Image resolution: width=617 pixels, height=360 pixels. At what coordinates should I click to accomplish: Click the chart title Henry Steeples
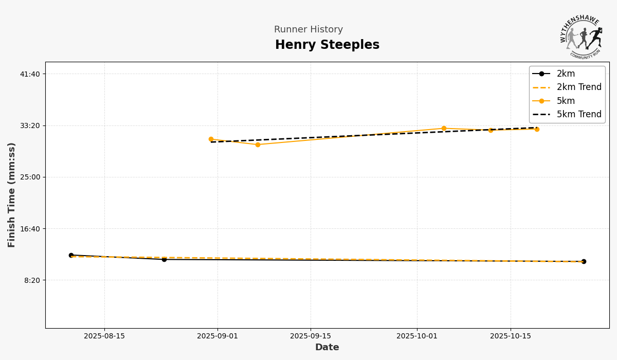coord(327,45)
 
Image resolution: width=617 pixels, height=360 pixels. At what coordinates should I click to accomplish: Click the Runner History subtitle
coord(308,30)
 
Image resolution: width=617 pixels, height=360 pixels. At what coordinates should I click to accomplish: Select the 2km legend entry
coord(566,74)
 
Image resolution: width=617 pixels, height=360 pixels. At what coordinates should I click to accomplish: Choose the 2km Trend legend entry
coord(578,87)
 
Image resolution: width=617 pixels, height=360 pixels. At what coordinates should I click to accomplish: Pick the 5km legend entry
coord(566,101)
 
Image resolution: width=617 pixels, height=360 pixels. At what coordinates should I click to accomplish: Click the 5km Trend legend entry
coord(578,114)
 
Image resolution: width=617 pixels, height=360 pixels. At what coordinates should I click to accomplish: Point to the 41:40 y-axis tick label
coord(30,74)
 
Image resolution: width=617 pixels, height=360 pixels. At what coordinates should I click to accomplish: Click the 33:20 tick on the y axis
coord(30,125)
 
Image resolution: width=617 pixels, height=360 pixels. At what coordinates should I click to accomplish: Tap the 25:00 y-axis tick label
coord(30,177)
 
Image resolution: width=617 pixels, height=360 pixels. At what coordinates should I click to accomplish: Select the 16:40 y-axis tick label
coord(30,228)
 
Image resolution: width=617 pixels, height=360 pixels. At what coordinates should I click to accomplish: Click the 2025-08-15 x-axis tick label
coord(104,336)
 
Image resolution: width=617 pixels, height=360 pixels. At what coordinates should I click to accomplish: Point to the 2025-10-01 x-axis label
coord(417,336)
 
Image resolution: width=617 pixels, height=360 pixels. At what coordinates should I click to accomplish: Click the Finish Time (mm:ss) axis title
coord(12,195)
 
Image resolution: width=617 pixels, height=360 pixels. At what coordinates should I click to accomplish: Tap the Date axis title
coord(327,348)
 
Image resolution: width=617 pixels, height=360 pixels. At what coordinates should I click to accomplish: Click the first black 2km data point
coord(71,255)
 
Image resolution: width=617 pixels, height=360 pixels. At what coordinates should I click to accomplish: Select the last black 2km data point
coord(584,261)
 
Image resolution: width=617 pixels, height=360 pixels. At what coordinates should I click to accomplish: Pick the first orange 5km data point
coord(211,139)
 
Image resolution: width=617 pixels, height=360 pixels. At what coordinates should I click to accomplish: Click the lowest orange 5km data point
coord(258,145)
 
